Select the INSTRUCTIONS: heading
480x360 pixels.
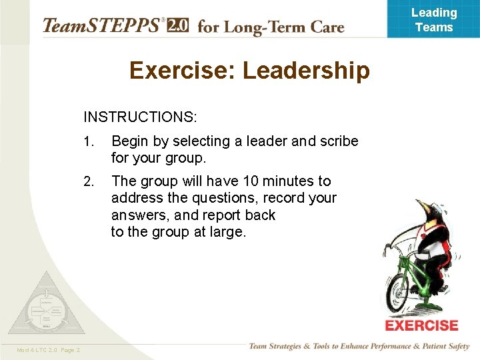(x=140, y=117)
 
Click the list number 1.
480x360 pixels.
(x=89, y=141)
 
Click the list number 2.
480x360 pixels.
(x=89, y=181)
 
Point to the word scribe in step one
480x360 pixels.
(x=339, y=141)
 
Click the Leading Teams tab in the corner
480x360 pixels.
(x=434, y=20)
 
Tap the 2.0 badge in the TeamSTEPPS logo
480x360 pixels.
(x=177, y=26)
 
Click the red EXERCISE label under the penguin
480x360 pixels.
(x=421, y=326)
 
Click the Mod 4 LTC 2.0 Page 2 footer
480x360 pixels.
(x=47, y=350)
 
